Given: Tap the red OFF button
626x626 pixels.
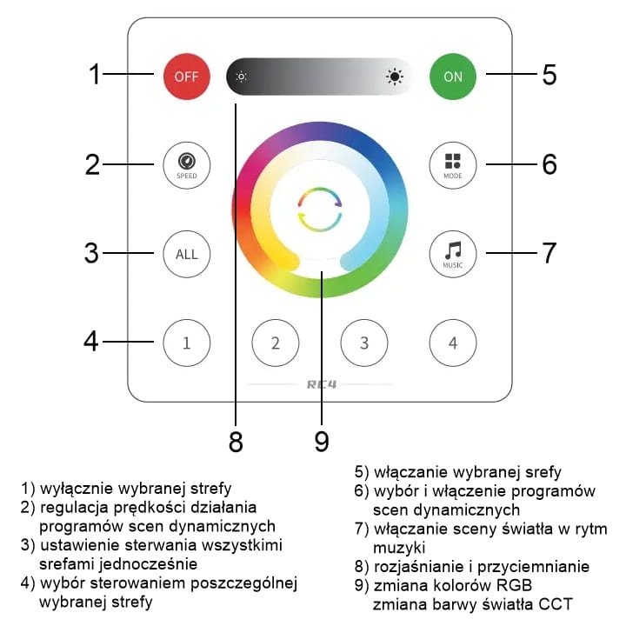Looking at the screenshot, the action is coord(186,77).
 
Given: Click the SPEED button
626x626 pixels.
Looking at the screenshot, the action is coord(186,165).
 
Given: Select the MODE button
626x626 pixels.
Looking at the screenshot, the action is coord(453,165).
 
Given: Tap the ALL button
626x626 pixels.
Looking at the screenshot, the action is coord(186,254).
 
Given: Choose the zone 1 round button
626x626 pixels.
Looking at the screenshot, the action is coord(186,343).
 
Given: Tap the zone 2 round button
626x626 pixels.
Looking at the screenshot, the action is coord(276,343).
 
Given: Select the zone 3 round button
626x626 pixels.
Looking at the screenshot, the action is coord(364,343).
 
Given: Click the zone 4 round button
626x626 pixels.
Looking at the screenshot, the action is coord(453,343).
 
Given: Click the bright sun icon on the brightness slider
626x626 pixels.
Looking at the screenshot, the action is coord(395,77).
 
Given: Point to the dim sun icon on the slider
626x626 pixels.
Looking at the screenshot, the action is coord(241,77).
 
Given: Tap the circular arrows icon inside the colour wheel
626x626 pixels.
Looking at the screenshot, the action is coord(320,210).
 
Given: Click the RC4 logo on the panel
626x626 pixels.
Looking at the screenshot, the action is coord(322,384).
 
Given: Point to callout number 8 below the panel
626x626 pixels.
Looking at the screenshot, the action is coord(236,441).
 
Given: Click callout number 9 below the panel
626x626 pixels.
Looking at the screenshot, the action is coord(322,441).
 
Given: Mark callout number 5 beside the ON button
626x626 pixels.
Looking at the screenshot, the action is coord(549,74).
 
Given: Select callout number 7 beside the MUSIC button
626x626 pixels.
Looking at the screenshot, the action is coord(549,253).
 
